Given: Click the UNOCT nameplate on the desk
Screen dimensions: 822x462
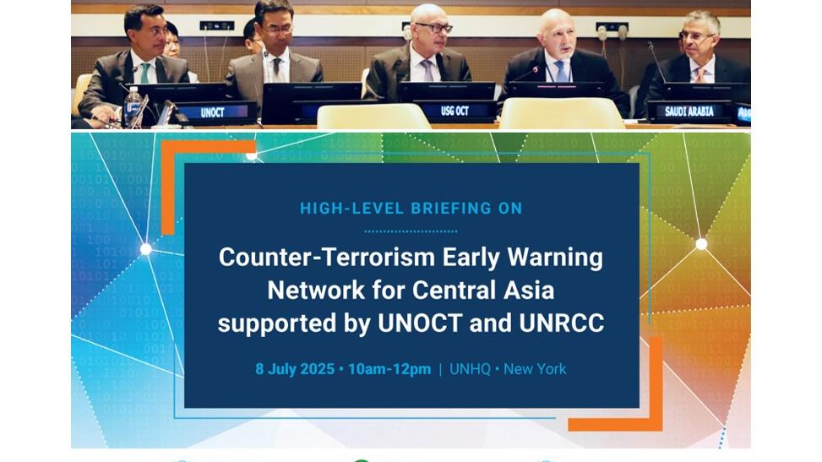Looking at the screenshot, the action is click(x=212, y=112).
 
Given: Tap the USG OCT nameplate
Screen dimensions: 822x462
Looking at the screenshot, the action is click(x=455, y=111).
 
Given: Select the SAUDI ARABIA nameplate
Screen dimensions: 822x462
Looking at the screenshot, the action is click(x=689, y=111).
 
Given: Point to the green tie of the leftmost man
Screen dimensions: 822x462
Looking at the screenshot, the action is click(x=144, y=73).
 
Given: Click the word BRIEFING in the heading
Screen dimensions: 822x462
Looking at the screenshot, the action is click(x=444, y=208).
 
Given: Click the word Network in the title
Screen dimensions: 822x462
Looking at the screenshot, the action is click(x=316, y=290).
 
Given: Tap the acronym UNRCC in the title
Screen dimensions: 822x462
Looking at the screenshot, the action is click(x=562, y=323).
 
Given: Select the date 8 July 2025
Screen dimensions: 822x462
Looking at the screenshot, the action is click(x=295, y=369).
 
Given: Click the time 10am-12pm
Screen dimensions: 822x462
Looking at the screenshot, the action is click(x=389, y=369).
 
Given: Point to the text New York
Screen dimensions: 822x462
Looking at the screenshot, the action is click(x=535, y=369).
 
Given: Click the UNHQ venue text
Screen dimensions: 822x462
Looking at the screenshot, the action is click(x=470, y=369).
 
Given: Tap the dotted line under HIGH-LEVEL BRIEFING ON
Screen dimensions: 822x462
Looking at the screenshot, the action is click(x=411, y=231).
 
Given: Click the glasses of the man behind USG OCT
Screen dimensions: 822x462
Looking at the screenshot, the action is click(x=434, y=28).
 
